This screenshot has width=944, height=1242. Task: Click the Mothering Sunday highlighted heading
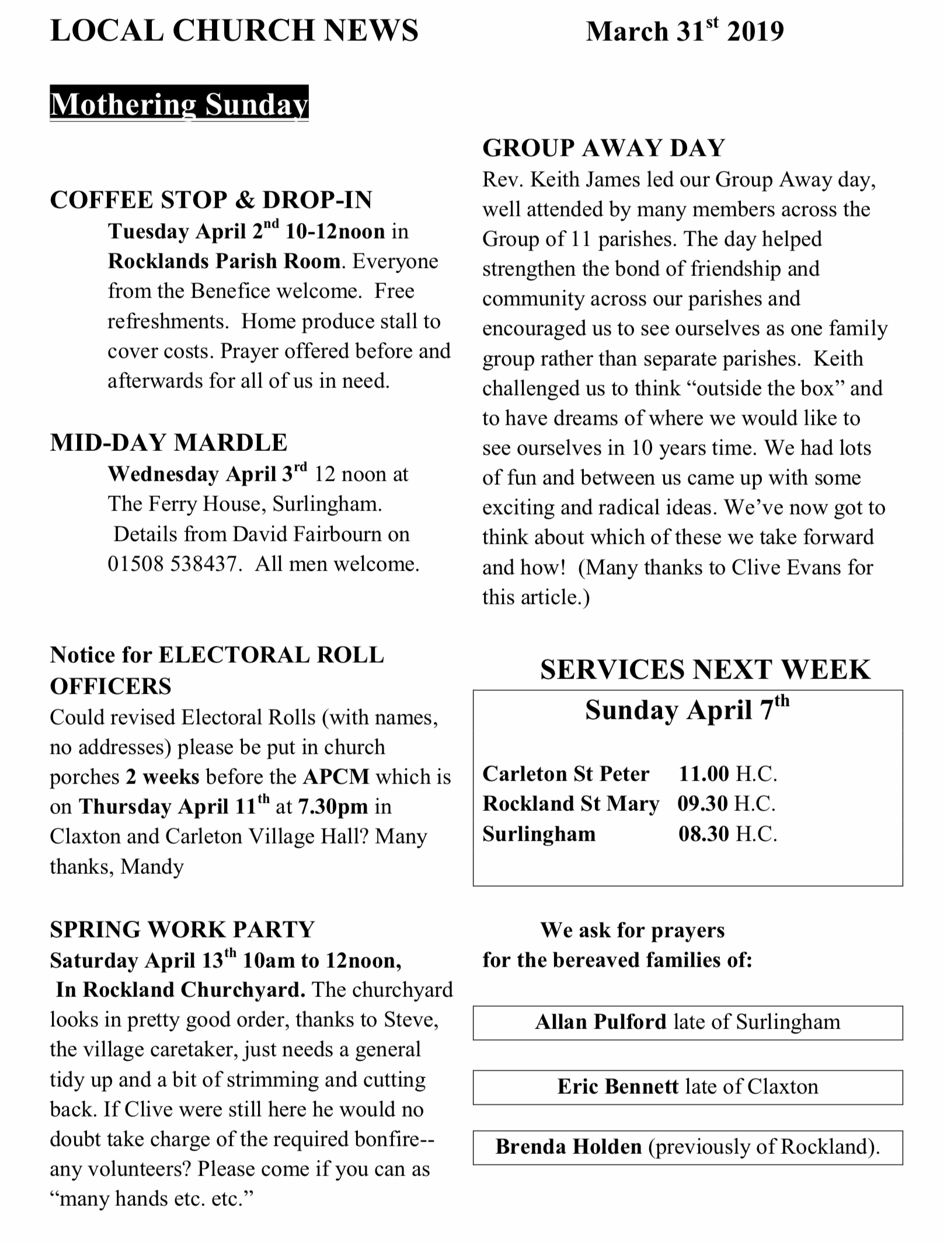[179, 104]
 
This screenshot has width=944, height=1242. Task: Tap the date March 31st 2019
[684, 32]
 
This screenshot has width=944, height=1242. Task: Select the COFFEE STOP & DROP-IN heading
[211, 200]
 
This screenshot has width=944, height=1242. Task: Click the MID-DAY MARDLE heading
[168, 443]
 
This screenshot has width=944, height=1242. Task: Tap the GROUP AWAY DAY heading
[603, 148]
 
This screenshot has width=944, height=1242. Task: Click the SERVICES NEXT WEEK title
[705, 670]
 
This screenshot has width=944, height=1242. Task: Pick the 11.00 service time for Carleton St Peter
[703, 774]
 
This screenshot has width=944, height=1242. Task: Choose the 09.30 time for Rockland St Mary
[702, 804]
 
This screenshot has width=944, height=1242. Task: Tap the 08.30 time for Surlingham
[703, 834]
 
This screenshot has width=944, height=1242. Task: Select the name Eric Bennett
[618, 1087]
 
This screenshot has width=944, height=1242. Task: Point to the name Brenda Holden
[568, 1147]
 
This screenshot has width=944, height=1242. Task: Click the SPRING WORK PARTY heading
[182, 930]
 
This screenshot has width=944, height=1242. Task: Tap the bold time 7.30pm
[333, 807]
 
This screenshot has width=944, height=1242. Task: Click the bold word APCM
[336, 777]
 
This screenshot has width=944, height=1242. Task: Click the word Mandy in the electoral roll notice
[152, 867]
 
